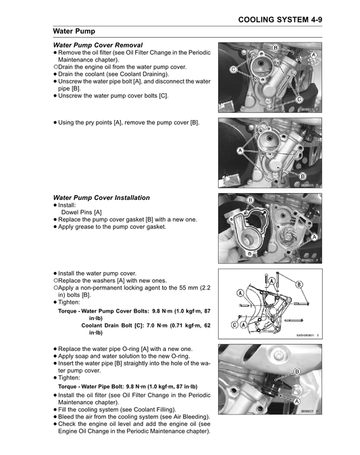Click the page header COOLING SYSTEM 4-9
click(280, 20)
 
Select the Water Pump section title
click(74, 31)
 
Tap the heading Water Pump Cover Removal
click(98, 45)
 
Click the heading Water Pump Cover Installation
click(101, 198)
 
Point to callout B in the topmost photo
click(276, 47)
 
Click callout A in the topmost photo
click(314, 55)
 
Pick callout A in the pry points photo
click(240, 151)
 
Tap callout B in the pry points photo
click(303, 176)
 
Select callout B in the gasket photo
click(251, 200)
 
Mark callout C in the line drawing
click(234, 325)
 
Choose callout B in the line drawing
click(299, 285)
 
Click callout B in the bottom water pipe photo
click(297, 372)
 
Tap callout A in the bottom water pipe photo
click(297, 402)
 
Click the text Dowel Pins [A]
click(82, 213)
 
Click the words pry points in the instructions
click(99, 123)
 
